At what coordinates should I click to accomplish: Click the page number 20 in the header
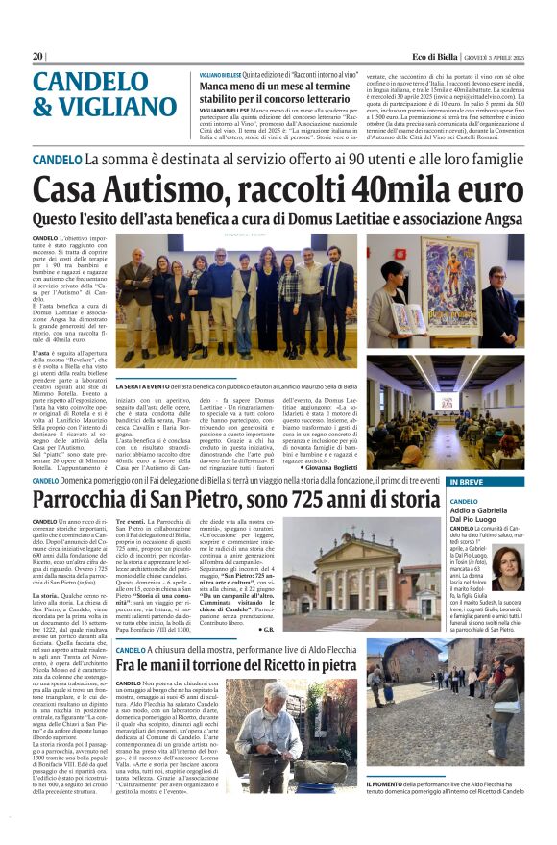click(37, 56)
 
